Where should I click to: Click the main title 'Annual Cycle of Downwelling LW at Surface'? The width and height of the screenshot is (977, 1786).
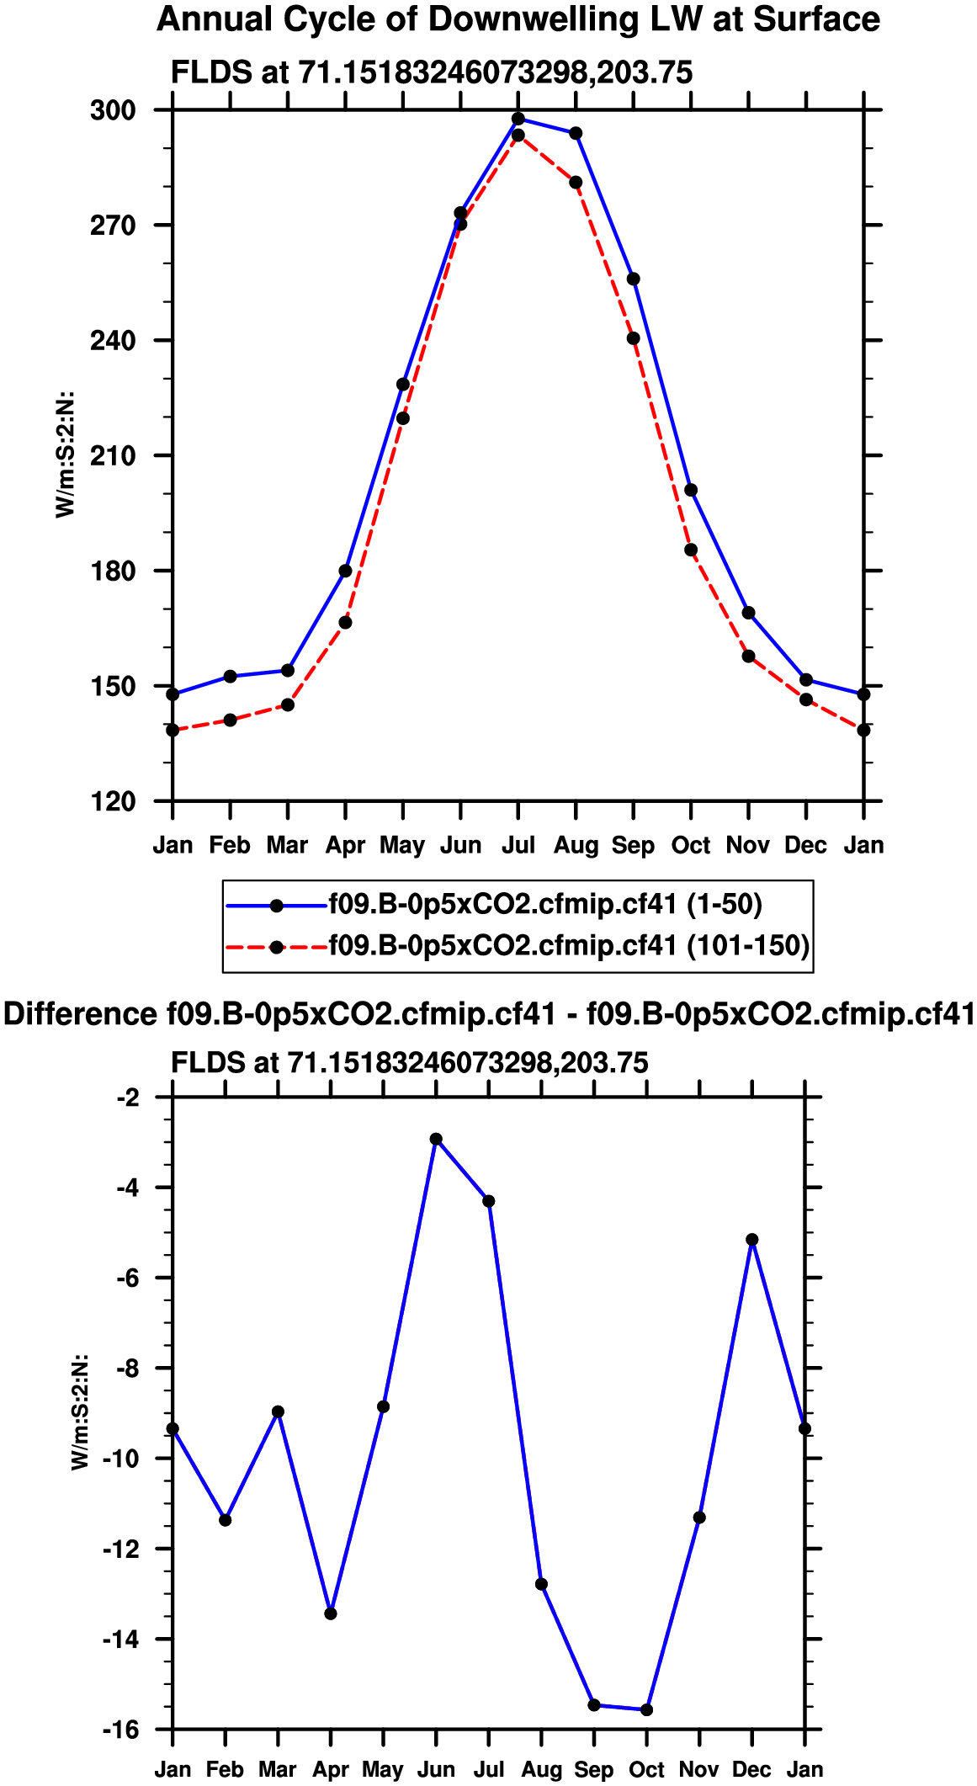518,20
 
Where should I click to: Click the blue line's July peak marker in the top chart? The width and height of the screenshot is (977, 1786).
518,119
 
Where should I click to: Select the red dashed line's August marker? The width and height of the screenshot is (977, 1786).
576,183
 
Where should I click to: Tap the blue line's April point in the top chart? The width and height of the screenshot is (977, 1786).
345,571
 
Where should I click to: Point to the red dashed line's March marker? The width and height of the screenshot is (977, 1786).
288,704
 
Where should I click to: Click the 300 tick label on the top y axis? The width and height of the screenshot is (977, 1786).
113,110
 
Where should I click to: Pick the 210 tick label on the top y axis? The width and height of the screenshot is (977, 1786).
113,456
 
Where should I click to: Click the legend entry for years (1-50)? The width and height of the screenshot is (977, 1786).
544,905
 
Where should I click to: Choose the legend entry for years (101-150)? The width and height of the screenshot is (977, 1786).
568,946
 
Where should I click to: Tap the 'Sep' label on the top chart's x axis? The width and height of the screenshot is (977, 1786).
633,845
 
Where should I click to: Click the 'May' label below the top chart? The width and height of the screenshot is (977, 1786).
402,845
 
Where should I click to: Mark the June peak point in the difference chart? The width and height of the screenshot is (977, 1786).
436,1140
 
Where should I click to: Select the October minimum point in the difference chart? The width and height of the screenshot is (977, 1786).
646,1709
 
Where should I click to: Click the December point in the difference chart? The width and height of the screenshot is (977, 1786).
752,1240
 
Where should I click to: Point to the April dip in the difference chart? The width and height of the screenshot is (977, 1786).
331,1613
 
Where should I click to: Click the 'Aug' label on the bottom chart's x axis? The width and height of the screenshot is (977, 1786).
541,1771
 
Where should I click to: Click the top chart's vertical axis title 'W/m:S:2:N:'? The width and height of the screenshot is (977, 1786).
66,455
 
